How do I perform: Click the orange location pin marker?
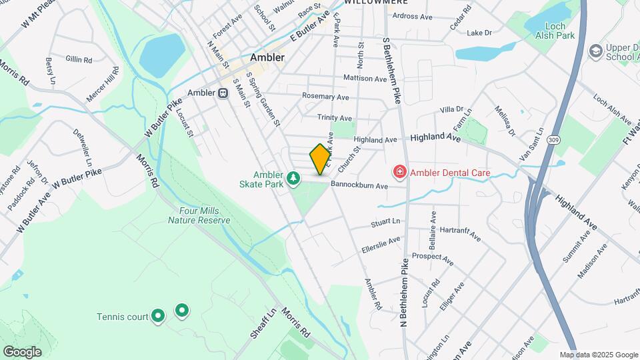tap(320, 158)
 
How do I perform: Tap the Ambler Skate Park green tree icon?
tap(294, 178)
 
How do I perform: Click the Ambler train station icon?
tap(223, 93)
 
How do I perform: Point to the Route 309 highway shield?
tap(554, 140)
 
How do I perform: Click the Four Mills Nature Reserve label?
tap(199, 215)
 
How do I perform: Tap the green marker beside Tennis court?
tap(158, 316)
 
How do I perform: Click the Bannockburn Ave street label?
tap(359, 185)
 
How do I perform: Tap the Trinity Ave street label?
tap(334, 117)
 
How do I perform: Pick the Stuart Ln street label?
tap(386, 221)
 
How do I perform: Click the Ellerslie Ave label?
tap(381, 244)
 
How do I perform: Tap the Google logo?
tap(22, 351)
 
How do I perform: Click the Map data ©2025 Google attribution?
tap(599, 355)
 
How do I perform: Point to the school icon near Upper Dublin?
tap(595, 51)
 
